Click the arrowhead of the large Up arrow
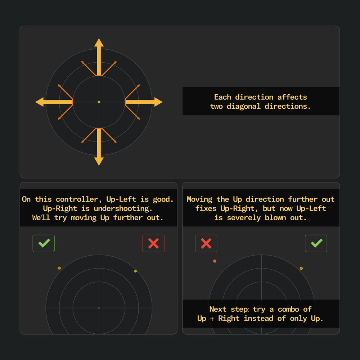pyautogui.click(x=99, y=43)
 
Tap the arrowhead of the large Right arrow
pyautogui.click(x=158, y=102)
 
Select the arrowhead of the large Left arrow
pyautogui.click(x=40, y=102)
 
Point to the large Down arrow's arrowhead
pyautogui.click(x=99, y=161)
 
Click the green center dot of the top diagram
pyautogui.click(x=99, y=102)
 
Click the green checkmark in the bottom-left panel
pyautogui.click(x=44, y=243)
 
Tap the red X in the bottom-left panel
pyautogui.click(x=153, y=243)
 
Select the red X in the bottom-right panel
pyautogui.click(x=206, y=243)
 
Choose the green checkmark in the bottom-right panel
pyautogui.click(x=316, y=243)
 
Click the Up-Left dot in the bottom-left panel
pyautogui.click(x=59, y=268)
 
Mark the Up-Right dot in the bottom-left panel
pyautogui.click(x=135, y=271)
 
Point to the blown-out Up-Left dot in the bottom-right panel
pyautogui.click(x=215, y=261)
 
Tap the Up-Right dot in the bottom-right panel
pyautogui.click(x=301, y=268)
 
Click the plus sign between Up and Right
pyautogui.click(x=212, y=319)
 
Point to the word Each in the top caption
pyautogui.click(x=222, y=97)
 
